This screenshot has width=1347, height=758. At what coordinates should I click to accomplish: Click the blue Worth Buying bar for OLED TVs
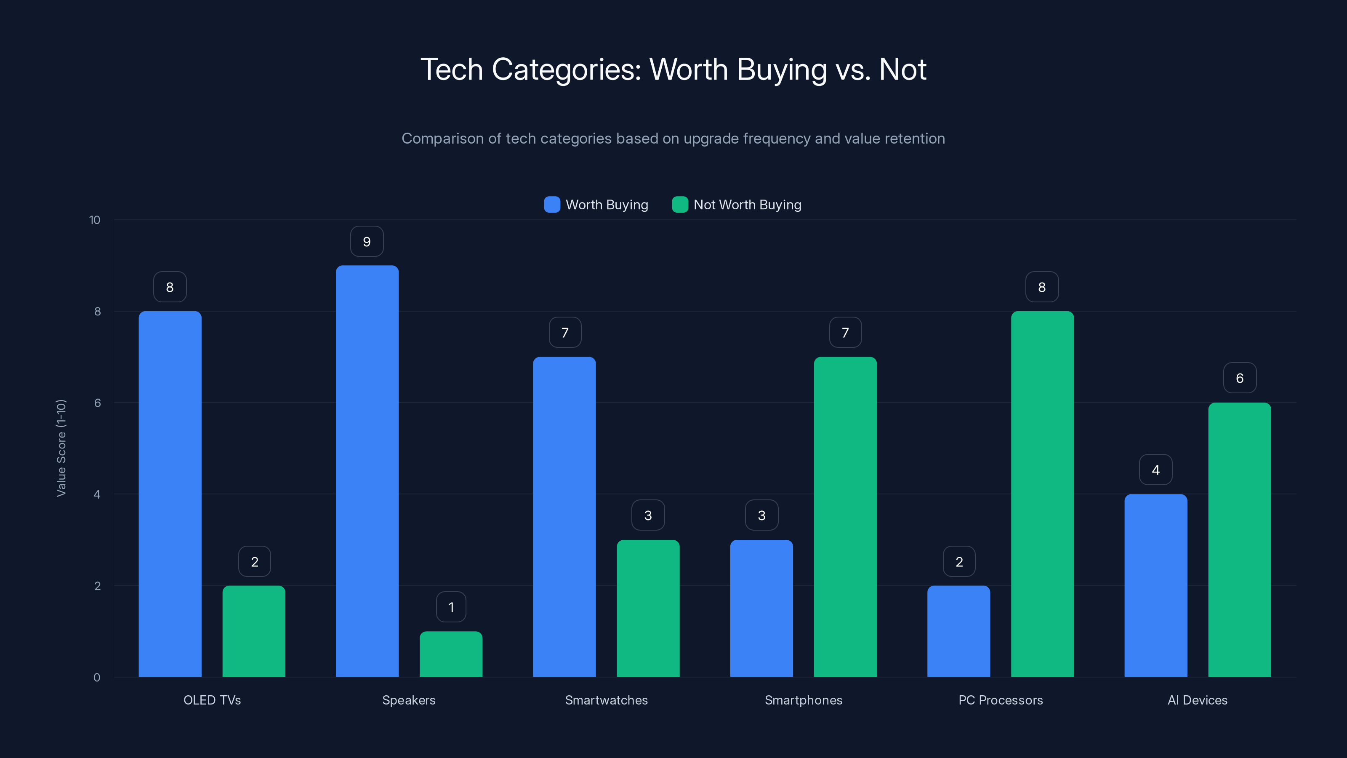[170, 494]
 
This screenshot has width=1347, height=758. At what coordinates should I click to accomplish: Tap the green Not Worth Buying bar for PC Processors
[1042, 494]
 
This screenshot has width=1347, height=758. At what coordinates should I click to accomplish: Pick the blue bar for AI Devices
[1155, 585]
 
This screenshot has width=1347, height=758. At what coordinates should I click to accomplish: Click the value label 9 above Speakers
[367, 242]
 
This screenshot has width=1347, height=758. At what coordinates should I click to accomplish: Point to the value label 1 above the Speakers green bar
[451, 607]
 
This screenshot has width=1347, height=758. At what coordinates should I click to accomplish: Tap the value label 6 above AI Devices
[1239, 378]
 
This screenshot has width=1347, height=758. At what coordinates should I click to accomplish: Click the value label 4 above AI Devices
[1155, 470]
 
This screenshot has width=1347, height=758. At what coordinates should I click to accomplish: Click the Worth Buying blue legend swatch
[552, 205]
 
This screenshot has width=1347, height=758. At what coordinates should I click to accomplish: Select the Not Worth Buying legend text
[747, 205]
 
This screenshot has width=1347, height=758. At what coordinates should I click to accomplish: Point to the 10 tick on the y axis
[95, 220]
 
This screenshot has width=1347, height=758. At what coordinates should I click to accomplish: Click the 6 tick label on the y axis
[97, 403]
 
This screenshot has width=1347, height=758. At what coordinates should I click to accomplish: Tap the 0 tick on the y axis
[97, 678]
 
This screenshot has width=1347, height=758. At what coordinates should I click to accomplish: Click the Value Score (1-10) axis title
[61, 448]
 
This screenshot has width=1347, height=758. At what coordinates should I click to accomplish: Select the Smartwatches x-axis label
[606, 700]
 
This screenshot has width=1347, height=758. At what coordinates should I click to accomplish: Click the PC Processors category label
[1000, 700]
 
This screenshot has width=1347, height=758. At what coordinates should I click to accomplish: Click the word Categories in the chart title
[566, 69]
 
